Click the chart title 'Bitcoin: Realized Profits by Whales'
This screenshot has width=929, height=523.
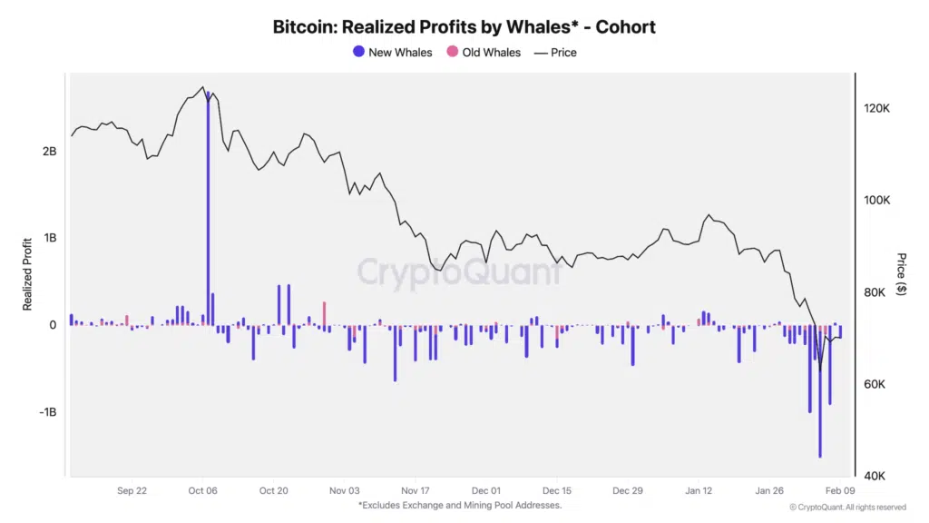pyautogui.click(x=464, y=26)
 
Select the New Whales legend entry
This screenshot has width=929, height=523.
pyautogui.click(x=392, y=53)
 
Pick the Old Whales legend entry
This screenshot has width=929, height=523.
pyautogui.click(x=483, y=53)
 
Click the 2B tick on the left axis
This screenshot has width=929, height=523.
pyautogui.click(x=49, y=151)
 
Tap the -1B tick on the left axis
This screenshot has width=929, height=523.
pyautogui.click(x=46, y=411)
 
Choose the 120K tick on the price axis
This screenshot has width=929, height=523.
pyautogui.click(x=876, y=108)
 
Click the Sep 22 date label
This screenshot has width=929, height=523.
pyautogui.click(x=132, y=490)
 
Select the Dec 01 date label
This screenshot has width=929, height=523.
pyautogui.click(x=486, y=490)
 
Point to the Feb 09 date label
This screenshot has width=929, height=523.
pyautogui.click(x=839, y=490)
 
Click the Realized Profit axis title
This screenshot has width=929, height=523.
pyautogui.click(x=27, y=272)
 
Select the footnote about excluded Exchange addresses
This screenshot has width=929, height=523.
pyautogui.click(x=460, y=505)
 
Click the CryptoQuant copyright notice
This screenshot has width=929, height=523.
pyautogui.click(x=846, y=508)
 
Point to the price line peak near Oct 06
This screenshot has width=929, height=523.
pyautogui.click(x=201, y=88)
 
